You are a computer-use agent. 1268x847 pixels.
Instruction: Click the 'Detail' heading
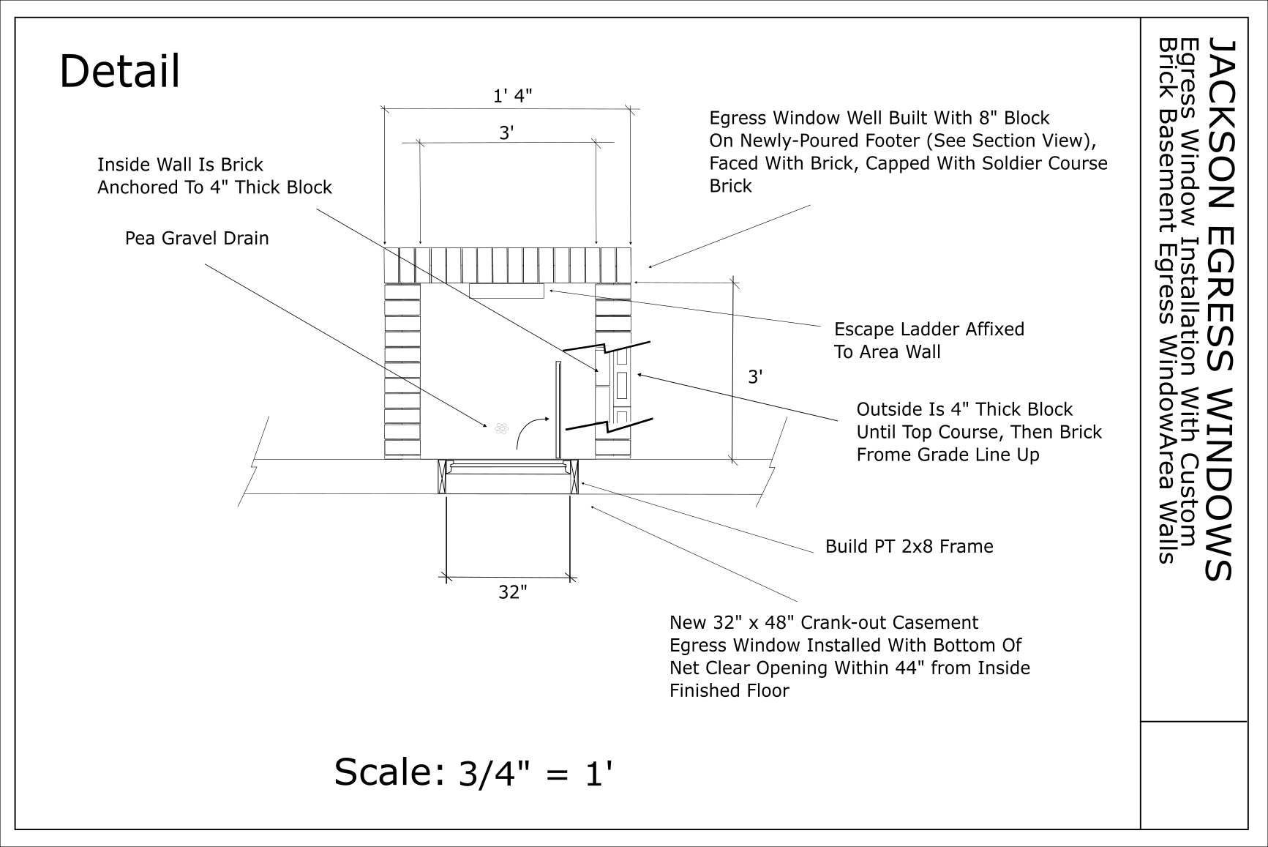pos(119,72)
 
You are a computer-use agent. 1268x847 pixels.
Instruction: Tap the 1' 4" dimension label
pos(512,96)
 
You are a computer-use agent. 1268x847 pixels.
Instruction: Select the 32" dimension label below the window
pos(512,592)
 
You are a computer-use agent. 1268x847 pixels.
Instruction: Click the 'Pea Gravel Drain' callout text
pos(197,239)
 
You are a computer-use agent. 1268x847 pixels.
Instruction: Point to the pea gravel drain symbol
pos(501,428)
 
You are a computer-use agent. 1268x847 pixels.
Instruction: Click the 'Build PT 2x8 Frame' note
pos(909,547)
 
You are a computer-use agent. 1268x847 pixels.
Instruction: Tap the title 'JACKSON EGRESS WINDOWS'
pos(1220,307)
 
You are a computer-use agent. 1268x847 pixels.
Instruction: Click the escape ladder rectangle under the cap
pos(506,291)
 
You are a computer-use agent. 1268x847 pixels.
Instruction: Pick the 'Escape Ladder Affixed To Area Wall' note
pos(929,340)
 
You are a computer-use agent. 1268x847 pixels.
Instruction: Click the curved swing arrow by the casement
pos(530,430)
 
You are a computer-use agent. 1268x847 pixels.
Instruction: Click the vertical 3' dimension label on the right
pos(755,377)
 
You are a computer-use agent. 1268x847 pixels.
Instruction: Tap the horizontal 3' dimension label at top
pos(506,133)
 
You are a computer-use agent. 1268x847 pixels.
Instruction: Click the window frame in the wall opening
pos(508,477)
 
